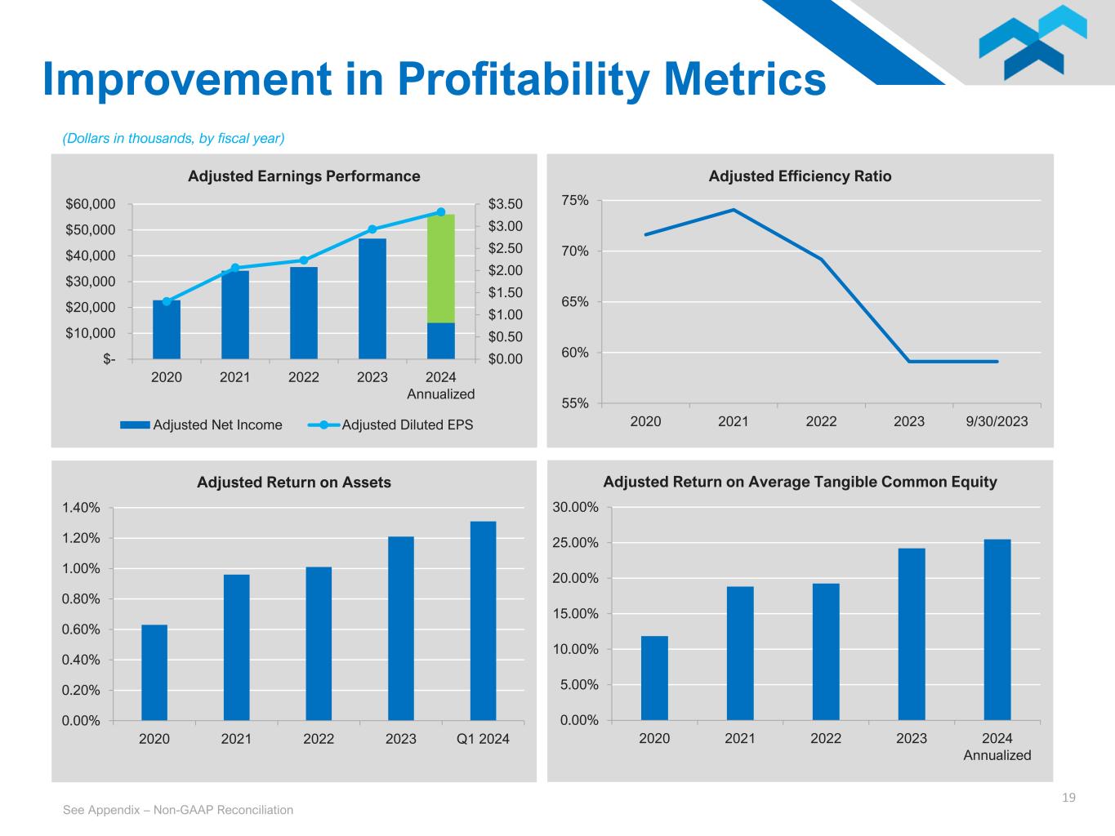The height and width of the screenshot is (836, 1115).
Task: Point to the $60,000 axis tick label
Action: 91,204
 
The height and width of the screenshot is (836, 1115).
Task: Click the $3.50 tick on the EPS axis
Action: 505,204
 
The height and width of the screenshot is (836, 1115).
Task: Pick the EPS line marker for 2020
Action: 167,301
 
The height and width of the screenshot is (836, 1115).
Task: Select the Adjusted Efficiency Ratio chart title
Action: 800,176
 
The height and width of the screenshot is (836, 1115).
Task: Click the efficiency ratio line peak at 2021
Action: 734,210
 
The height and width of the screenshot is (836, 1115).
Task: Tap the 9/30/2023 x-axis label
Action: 996,421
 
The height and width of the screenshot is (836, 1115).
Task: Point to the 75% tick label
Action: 575,201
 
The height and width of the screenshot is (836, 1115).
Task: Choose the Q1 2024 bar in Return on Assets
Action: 483,620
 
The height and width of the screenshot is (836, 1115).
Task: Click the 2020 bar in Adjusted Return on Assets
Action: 154,673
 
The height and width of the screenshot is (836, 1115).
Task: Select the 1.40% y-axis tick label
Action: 81,508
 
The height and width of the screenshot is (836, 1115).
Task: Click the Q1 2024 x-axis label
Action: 483,739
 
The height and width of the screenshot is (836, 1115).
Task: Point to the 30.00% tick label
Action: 576,508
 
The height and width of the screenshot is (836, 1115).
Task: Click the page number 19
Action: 1068,798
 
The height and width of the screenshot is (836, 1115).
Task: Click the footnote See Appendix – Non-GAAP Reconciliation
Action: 178,810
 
